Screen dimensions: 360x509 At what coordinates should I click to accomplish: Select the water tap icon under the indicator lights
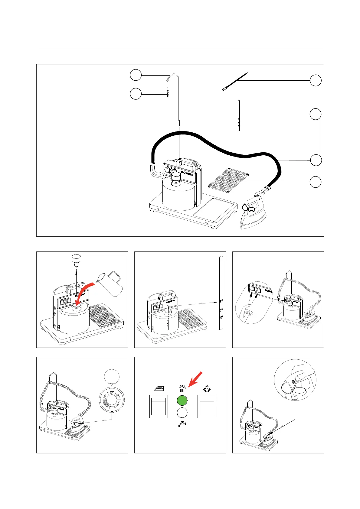[x=182, y=424]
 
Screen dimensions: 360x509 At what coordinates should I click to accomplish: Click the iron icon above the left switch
[x=159, y=388]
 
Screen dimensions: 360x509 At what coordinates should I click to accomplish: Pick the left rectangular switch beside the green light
[x=159, y=407]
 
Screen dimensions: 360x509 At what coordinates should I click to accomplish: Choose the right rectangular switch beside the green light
[x=207, y=407]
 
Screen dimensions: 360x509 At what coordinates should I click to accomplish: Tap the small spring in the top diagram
[x=167, y=92]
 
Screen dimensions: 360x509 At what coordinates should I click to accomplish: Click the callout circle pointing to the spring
[x=136, y=94]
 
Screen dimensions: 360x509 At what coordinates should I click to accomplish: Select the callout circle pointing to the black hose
[x=316, y=160]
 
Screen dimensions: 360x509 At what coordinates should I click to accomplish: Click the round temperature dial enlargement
[x=111, y=400]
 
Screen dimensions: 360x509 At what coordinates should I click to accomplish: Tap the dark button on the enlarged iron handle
[x=293, y=382]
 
